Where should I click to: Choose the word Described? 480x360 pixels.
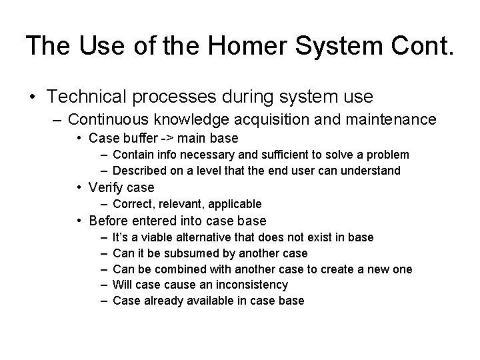[x=138, y=171]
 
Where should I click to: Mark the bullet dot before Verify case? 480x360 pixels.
[x=79, y=188]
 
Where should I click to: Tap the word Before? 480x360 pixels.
[x=109, y=221]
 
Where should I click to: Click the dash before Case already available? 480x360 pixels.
[x=103, y=301]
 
